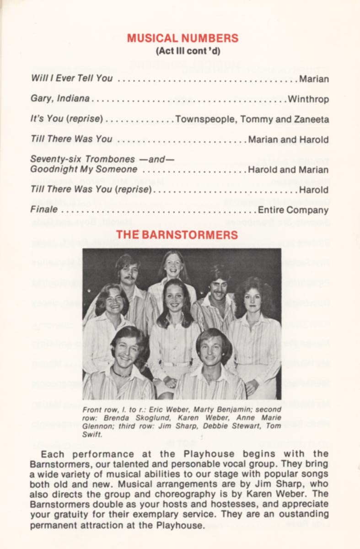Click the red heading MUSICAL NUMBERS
click(183, 38)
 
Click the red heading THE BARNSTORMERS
click(177, 235)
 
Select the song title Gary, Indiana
click(60, 99)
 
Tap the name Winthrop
click(308, 99)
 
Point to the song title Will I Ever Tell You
click(71, 78)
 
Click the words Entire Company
click(293, 210)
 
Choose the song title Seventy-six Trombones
click(82, 159)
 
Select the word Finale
click(44, 210)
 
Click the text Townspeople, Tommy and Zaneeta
click(252, 119)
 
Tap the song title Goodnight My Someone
click(84, 169)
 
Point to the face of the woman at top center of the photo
click(172, 265)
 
